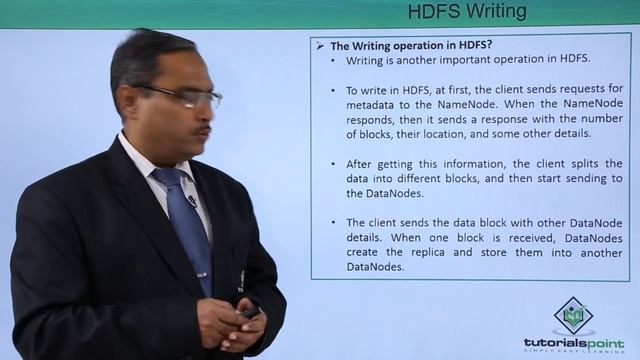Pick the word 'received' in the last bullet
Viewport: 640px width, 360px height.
point(530,238)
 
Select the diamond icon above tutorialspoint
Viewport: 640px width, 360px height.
point(573,314)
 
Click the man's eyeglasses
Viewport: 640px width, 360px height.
point(185,95)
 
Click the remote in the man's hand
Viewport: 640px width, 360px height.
point(247,314)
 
